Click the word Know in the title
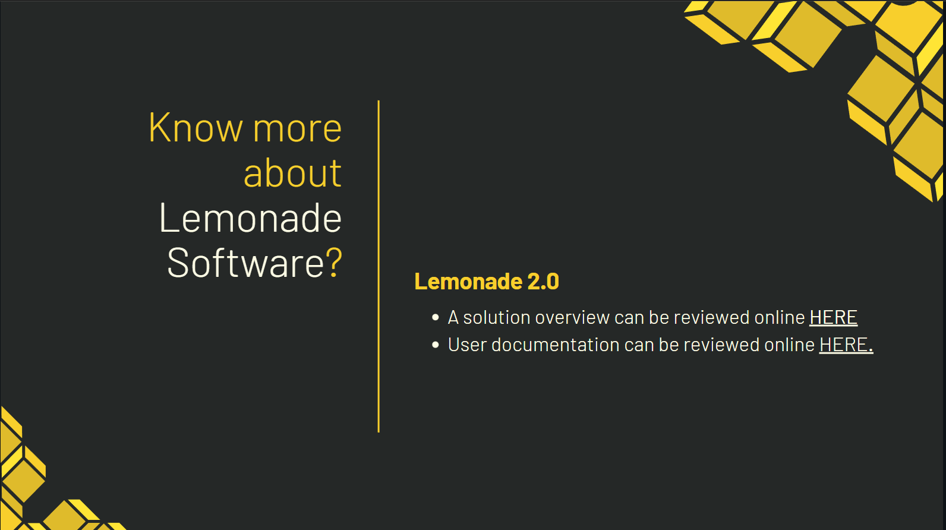195,127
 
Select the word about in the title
293,172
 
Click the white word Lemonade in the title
250,217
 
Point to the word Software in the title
245,262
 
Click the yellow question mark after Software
333,262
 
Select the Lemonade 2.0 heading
487,281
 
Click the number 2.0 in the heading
543,281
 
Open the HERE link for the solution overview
833,317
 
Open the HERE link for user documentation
846,345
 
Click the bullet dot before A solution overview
436,317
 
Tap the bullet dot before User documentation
436,345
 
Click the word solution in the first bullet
497,317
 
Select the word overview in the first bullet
572,317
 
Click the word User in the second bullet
467,345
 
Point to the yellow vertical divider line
379,266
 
